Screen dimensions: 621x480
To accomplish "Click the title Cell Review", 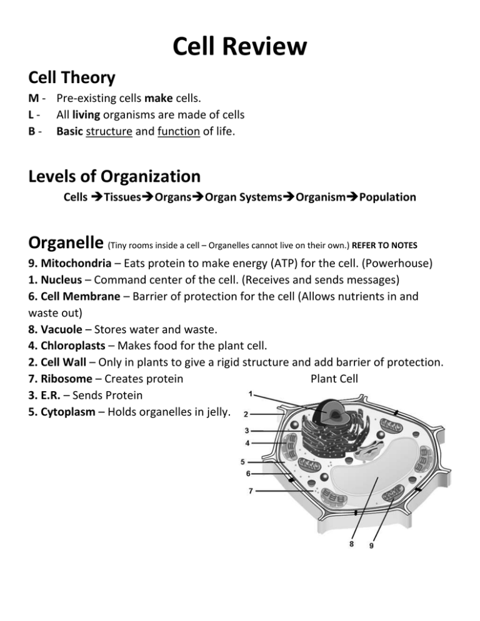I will [240, 47].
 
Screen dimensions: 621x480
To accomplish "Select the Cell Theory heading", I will [72, 78].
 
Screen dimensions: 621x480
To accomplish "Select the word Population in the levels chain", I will [386, 197].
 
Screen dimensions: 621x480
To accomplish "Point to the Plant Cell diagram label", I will [334, 378].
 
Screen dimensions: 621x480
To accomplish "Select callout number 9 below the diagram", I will [371, 545].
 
